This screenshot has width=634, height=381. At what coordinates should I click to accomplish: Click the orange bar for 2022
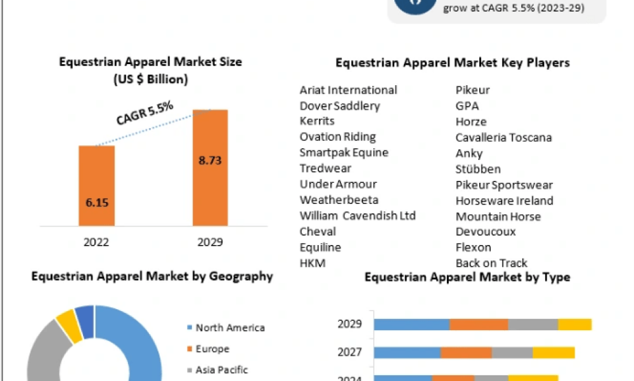coord(96,185)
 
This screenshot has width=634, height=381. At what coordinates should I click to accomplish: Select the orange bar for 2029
coord(210,167)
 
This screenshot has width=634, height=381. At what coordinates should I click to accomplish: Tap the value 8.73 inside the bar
coord(210,161)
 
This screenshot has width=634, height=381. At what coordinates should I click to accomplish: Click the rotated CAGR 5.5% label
coord(145,112)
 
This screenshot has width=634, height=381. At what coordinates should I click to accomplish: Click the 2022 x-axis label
coord(96,242)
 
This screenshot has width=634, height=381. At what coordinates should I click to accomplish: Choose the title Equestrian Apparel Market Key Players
coord(452,63)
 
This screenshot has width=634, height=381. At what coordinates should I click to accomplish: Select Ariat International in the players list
coord(348,90)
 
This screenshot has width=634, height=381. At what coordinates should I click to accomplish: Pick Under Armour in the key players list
coord(338,184)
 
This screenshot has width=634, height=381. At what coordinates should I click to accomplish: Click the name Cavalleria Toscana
coord(503,137)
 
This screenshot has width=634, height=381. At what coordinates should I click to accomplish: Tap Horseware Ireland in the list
coord(504,201)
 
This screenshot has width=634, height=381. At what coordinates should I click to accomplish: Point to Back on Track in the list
coord(491,263)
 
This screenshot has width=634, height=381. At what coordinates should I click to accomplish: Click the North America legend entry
coord(230,328)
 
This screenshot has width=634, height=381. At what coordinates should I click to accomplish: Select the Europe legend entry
coord(212,349)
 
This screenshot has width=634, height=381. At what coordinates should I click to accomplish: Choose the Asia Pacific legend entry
coord(221,370)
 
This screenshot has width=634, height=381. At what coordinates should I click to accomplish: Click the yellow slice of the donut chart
coord(66,323)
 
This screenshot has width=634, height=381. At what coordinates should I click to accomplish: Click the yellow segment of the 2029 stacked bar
coord(574,324)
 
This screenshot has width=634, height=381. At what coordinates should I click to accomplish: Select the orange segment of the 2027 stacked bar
coord(466,352)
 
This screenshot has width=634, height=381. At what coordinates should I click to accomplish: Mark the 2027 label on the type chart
coord(350,352)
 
